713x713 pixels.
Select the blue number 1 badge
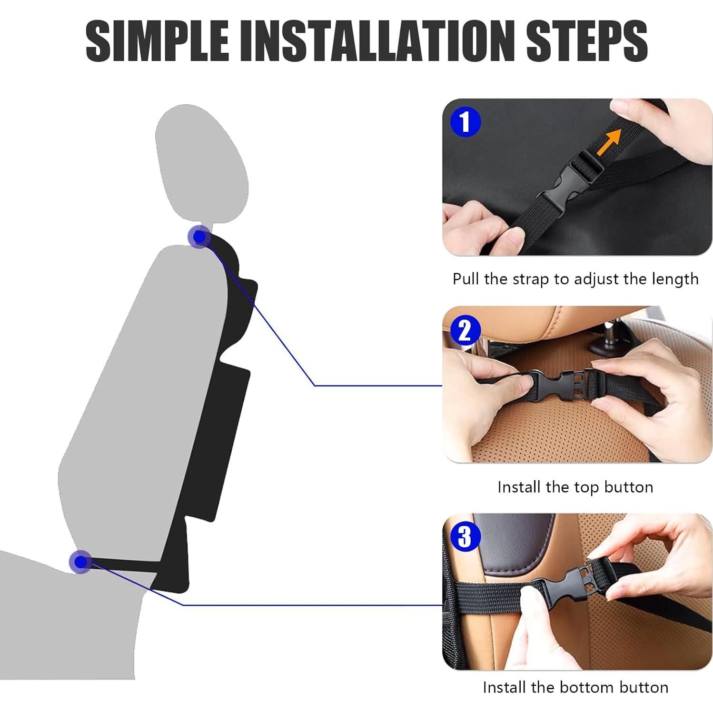coord(465,121)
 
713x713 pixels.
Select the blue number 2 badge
coord(465,329)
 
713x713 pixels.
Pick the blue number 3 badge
coord(465,536)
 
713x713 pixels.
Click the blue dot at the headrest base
coord(199,237)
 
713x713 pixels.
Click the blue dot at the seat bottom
coord(80,562)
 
